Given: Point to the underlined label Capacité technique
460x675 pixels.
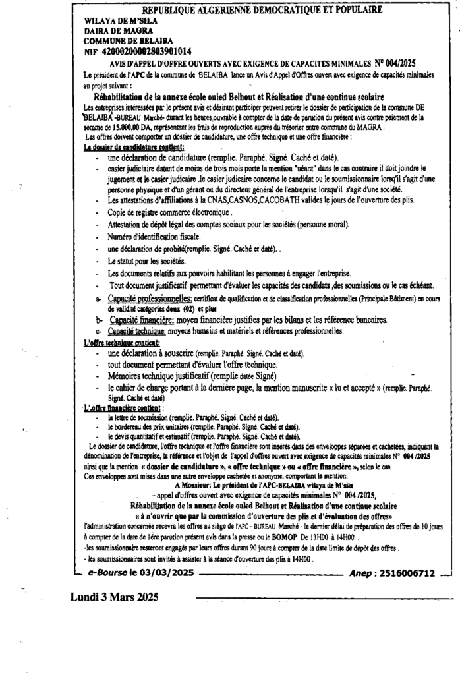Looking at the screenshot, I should tap(136, 330).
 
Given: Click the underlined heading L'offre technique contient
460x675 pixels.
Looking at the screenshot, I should tap(122, 343).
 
